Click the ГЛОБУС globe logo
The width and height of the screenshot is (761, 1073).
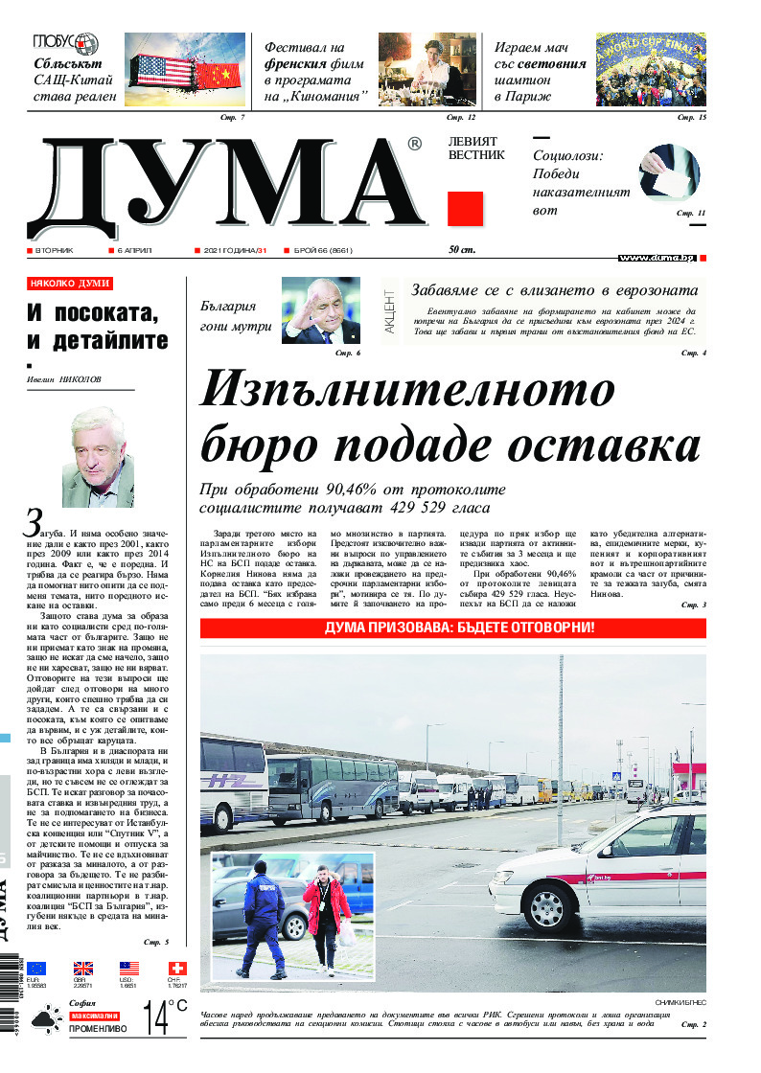click(x=66, y=43)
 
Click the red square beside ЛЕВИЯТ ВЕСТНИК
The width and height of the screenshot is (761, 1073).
click(x=466, y=209)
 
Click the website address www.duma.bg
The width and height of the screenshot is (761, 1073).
click(x=657, y=259)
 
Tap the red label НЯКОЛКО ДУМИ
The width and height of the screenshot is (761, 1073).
click(x=70, y=284)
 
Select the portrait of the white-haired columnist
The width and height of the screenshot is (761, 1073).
click(x=98, y=457)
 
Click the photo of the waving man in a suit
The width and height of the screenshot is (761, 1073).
click(x=321, y=311)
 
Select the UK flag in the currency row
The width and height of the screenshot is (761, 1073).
click(x=83, y=969)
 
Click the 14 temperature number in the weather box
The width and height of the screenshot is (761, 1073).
click(x=155, y=1018)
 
